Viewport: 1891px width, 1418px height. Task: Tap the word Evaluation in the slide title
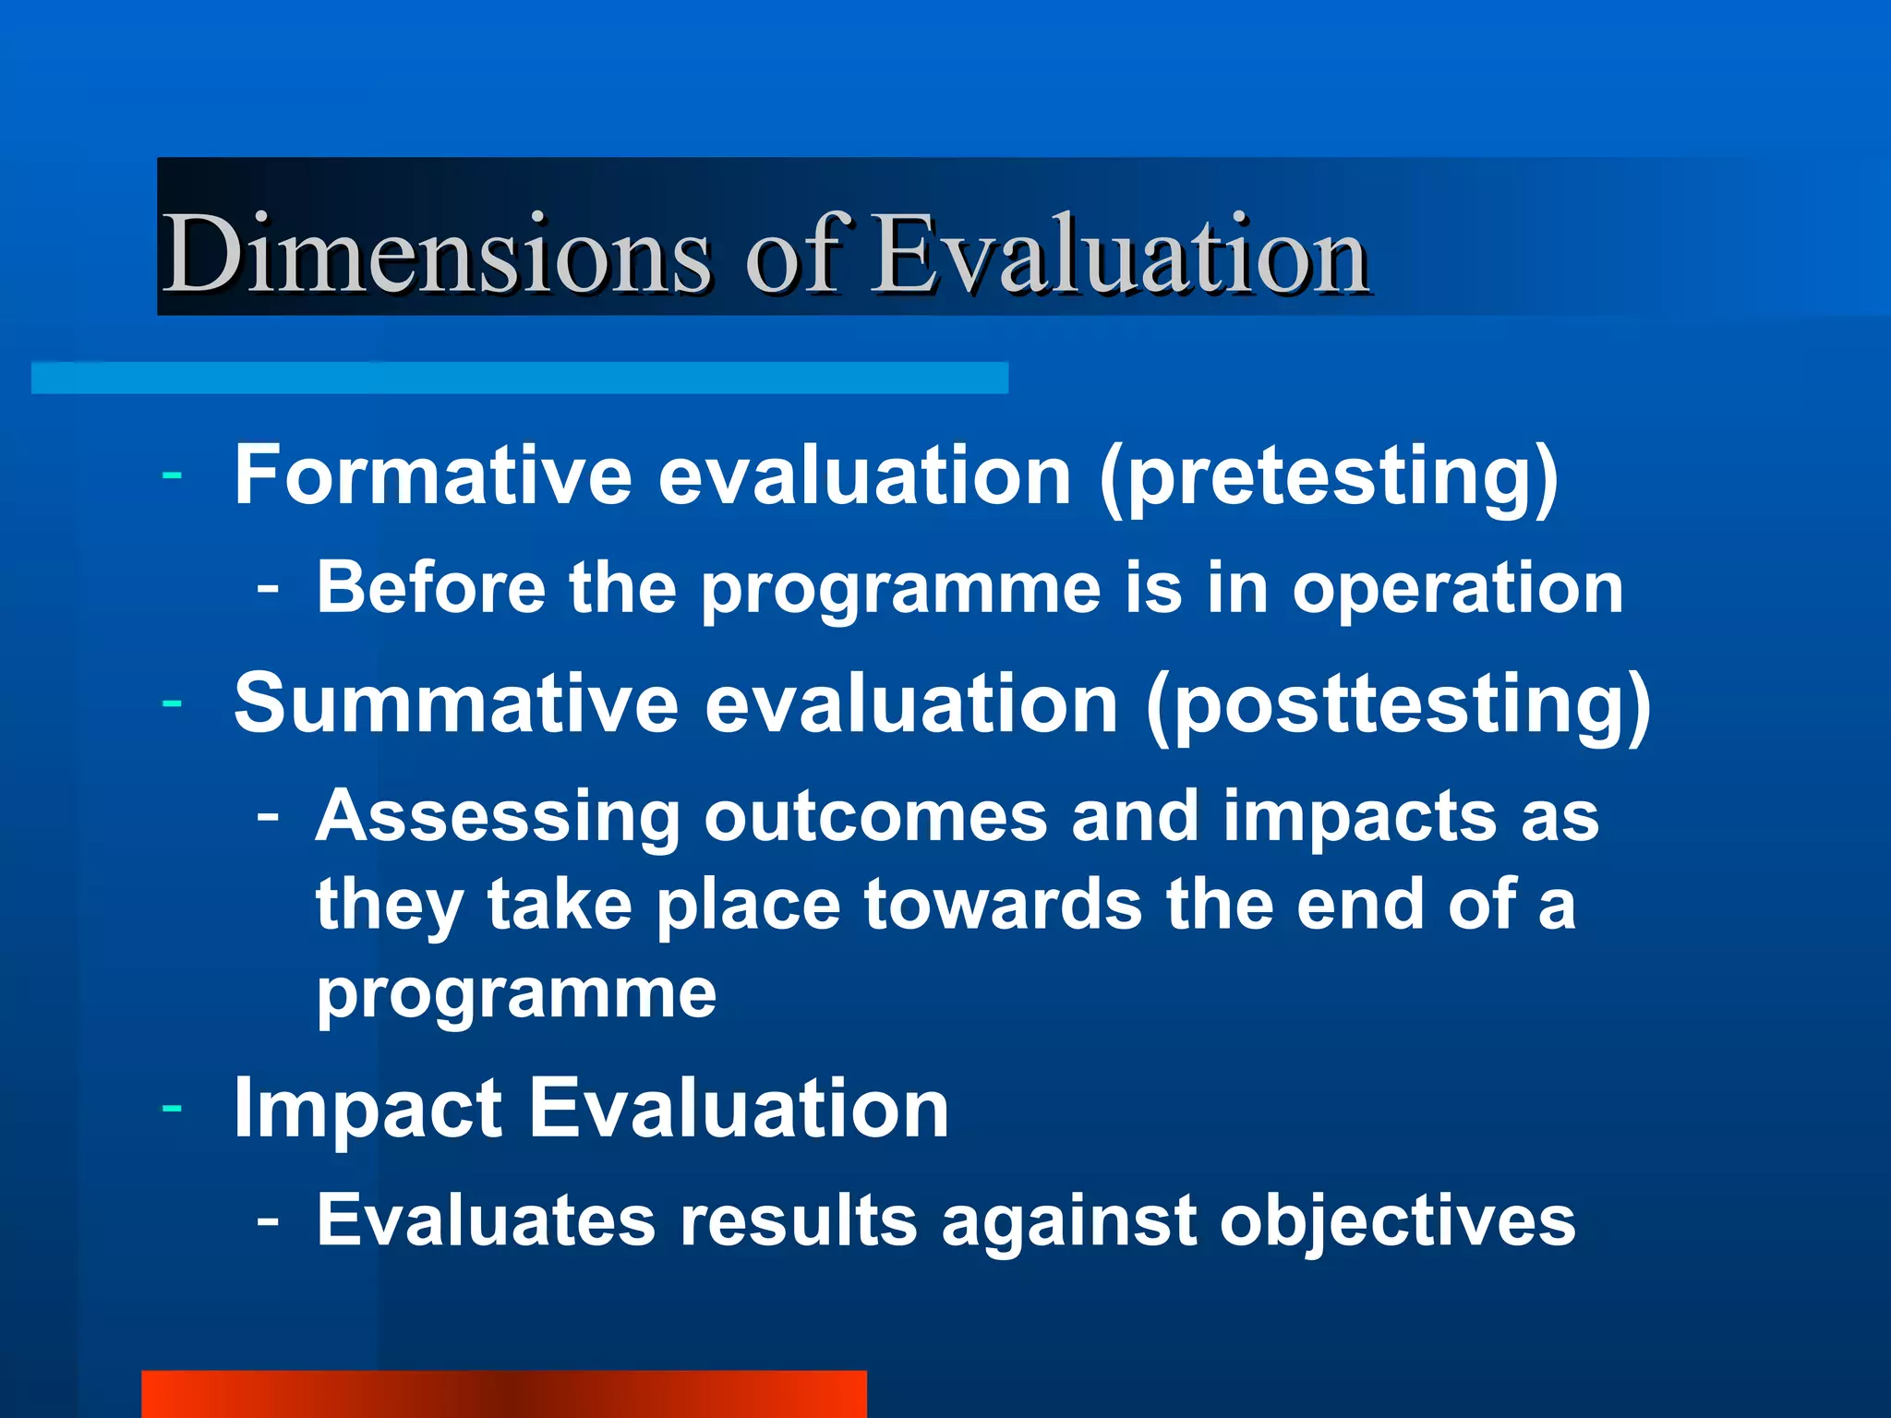point(1119,253)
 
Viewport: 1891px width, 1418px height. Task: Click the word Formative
point(432,475)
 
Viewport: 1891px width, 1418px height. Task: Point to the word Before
point(430,588)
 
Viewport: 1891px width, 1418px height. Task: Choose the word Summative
point(456,703)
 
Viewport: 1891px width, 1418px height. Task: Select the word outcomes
point(875,818)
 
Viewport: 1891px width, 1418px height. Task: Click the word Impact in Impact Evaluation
point(367,1110)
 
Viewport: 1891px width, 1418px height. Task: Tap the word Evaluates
point(486,1220)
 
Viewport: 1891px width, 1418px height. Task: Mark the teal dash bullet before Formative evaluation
point(172,476)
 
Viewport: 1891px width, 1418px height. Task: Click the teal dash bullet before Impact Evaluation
point(172,1107)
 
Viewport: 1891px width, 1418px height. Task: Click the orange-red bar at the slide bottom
point(503,1394)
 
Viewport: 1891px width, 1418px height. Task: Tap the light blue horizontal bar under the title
point(519,379)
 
